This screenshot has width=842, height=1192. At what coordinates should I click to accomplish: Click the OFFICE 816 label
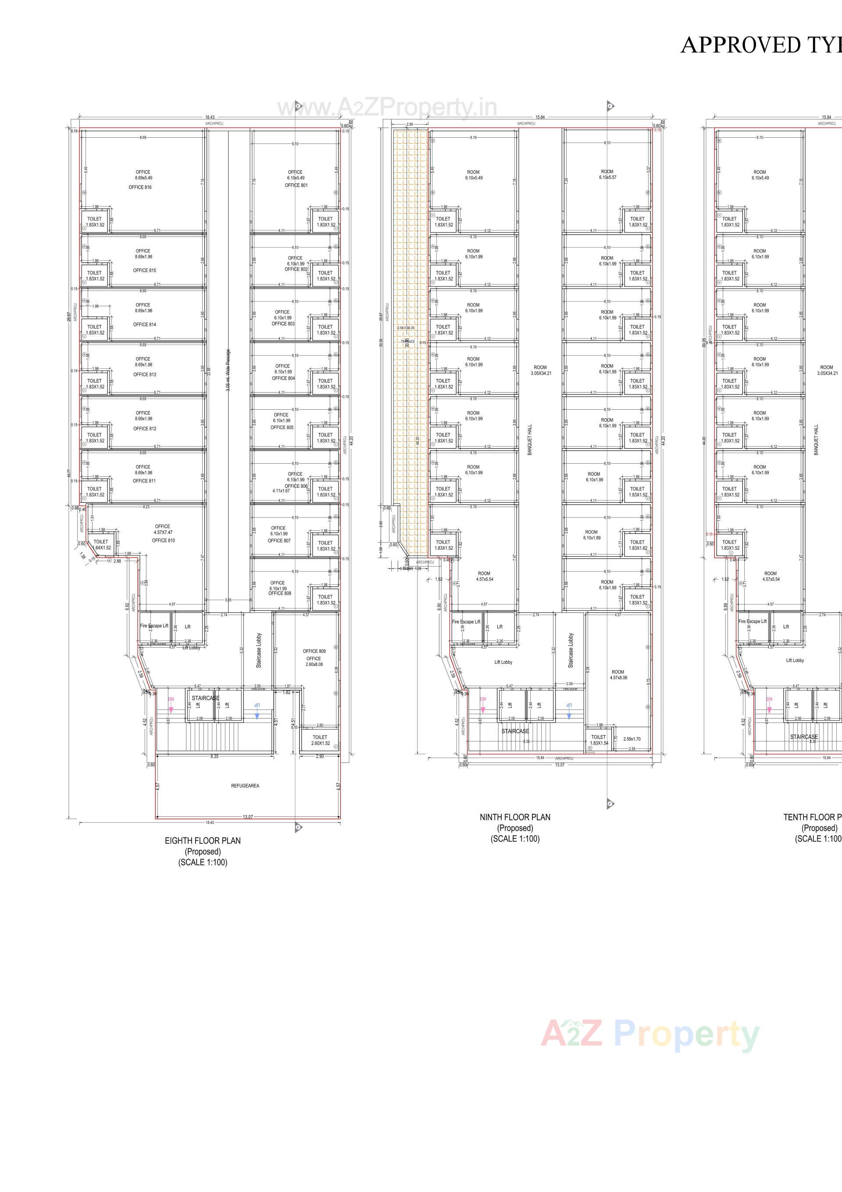(x=140, y=187)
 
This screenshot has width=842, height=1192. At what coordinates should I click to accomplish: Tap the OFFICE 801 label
(x=296, y=185)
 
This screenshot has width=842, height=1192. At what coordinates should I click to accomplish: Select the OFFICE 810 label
(x=163, y=541)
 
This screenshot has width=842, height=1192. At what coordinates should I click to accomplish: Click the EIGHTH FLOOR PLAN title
(x=203, y=841)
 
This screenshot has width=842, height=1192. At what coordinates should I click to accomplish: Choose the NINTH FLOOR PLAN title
(x=515, y=817)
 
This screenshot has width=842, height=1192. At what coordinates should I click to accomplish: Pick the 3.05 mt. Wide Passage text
(x=228, y=370)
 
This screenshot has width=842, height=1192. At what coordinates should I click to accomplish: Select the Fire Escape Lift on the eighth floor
(x=154, y=626)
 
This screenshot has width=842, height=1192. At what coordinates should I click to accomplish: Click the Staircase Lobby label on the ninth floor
(x=571, y=650)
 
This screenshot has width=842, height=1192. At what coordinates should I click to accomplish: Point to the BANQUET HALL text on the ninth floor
(x=530, y=440)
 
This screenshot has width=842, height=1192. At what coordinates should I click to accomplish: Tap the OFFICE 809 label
(x=314, y=651)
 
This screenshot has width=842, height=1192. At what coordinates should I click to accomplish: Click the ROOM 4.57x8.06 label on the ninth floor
(x=618, y=675)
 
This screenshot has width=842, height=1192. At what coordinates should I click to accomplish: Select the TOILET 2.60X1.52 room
(x=320, y=740)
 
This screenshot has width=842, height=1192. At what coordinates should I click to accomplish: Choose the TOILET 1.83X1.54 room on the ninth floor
(x=599, y=740)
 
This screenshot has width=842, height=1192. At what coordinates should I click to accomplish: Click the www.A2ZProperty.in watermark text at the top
(x=387, y=108)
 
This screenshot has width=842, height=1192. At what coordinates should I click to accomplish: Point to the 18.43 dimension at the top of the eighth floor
(x=210, y=117)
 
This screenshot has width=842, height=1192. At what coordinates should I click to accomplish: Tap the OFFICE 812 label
(x=144, y=429)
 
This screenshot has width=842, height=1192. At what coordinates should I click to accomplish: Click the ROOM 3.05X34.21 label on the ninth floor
(x=540, y=370)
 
